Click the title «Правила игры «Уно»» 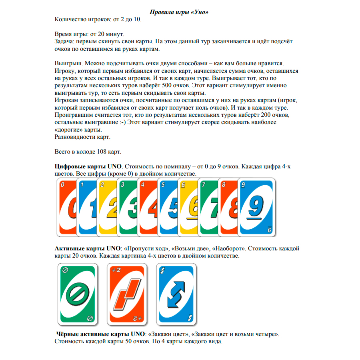[180, 12]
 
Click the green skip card [77, 294]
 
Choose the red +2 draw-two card [126, 294]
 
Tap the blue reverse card [176, 294]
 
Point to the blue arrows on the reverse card [176, 295]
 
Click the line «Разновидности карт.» [82, 137]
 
